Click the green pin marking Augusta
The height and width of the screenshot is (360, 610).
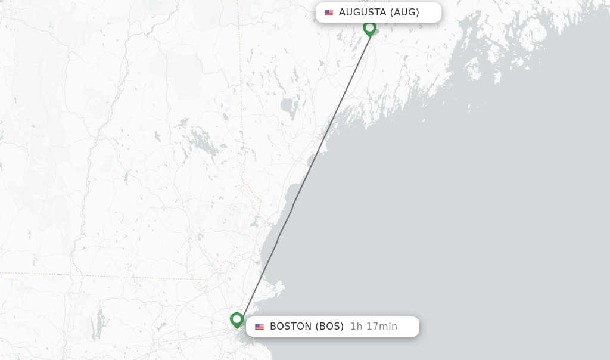pos(369,27)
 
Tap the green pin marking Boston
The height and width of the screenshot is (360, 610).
pos(237,319)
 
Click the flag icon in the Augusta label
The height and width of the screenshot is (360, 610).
pos(329,13)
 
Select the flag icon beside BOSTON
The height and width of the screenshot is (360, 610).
pos(259,327)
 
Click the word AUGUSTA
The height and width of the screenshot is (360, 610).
pos(362,13)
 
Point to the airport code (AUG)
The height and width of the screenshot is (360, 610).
pos(404,13)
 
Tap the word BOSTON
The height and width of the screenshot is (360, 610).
pos(291,327)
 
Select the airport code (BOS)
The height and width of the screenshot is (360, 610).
pos(329,327)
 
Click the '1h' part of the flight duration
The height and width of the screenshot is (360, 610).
pos(356,327)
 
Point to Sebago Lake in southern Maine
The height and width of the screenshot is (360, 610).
pos(288,108)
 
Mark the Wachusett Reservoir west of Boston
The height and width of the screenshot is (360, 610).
pos(160,327)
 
